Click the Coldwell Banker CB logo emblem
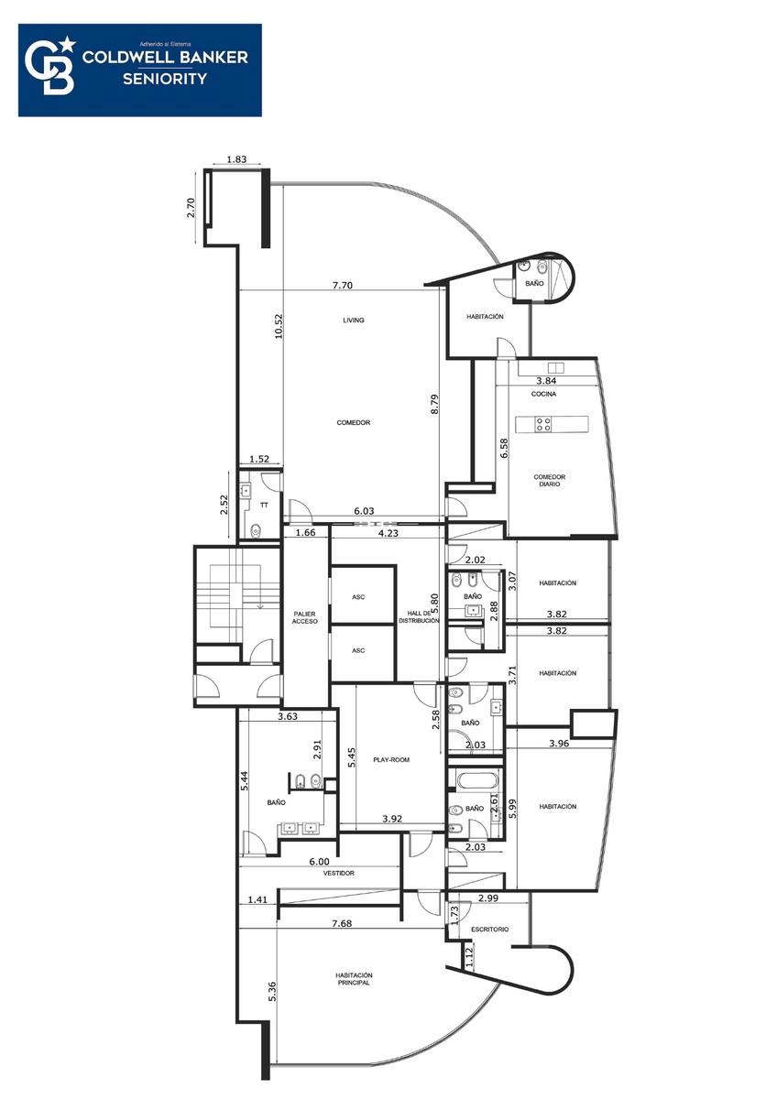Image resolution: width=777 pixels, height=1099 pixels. coord(50,66)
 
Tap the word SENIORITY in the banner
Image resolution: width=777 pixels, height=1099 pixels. coord(165,79)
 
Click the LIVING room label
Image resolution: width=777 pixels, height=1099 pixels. coord(354,320)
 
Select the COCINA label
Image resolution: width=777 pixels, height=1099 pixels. coord(543,394)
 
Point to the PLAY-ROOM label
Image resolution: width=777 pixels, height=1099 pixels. coord(391,759)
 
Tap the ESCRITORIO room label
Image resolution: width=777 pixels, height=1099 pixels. coord(489,929)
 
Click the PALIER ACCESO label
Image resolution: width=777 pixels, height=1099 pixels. coord(305,617)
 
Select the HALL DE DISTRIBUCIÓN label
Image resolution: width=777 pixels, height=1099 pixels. coord(419,616)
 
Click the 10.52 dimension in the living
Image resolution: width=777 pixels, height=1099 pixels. coord(279,326)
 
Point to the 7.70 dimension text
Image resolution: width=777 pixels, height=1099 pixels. coord(342,285)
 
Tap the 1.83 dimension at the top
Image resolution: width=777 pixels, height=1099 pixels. coord(236,159)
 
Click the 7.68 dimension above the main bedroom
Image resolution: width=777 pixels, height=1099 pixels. coord(342,923)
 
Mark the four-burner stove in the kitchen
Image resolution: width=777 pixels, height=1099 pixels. coord(543,424)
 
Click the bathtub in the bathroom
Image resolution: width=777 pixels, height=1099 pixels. coord(477,780)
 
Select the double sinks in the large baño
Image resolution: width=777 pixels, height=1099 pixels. coord(299,829)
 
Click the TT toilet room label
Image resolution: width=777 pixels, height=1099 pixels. coord(264,505)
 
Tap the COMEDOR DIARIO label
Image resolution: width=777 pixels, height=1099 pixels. coord(549,480)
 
